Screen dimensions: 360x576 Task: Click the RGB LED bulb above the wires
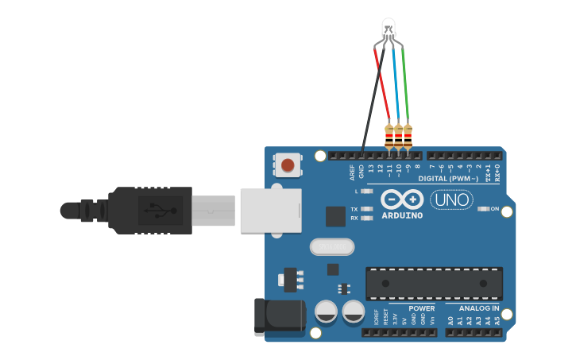coord(389,27)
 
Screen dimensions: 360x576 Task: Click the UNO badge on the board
coord(451,199)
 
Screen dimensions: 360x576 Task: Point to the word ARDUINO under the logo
coord(402,215)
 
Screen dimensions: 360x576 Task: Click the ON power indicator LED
coord(482,209)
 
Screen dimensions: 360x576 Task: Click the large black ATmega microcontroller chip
coord(434,283)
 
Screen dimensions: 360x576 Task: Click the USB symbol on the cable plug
coord(158,211)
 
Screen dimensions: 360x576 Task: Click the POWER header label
coord(421,308)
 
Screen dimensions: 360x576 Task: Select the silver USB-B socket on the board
coord(270,211)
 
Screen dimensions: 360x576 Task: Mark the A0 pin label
coord(450,321)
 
